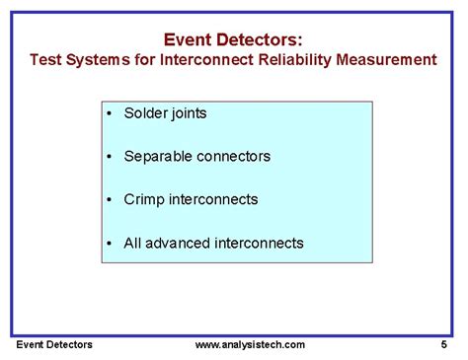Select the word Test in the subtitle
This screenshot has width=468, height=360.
point(45,60)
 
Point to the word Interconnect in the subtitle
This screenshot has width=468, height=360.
point(206,60)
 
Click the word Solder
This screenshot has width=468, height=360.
point(145,112)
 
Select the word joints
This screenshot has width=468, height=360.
point(189,113)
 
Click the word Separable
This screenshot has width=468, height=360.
point(157,156)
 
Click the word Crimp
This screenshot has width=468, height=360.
point(143,199)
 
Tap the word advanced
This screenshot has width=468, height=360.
point(181,243)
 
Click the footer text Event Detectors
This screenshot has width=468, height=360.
point(54,345)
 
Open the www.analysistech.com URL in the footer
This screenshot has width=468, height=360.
point(250,345)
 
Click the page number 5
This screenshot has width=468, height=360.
point(444,345)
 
